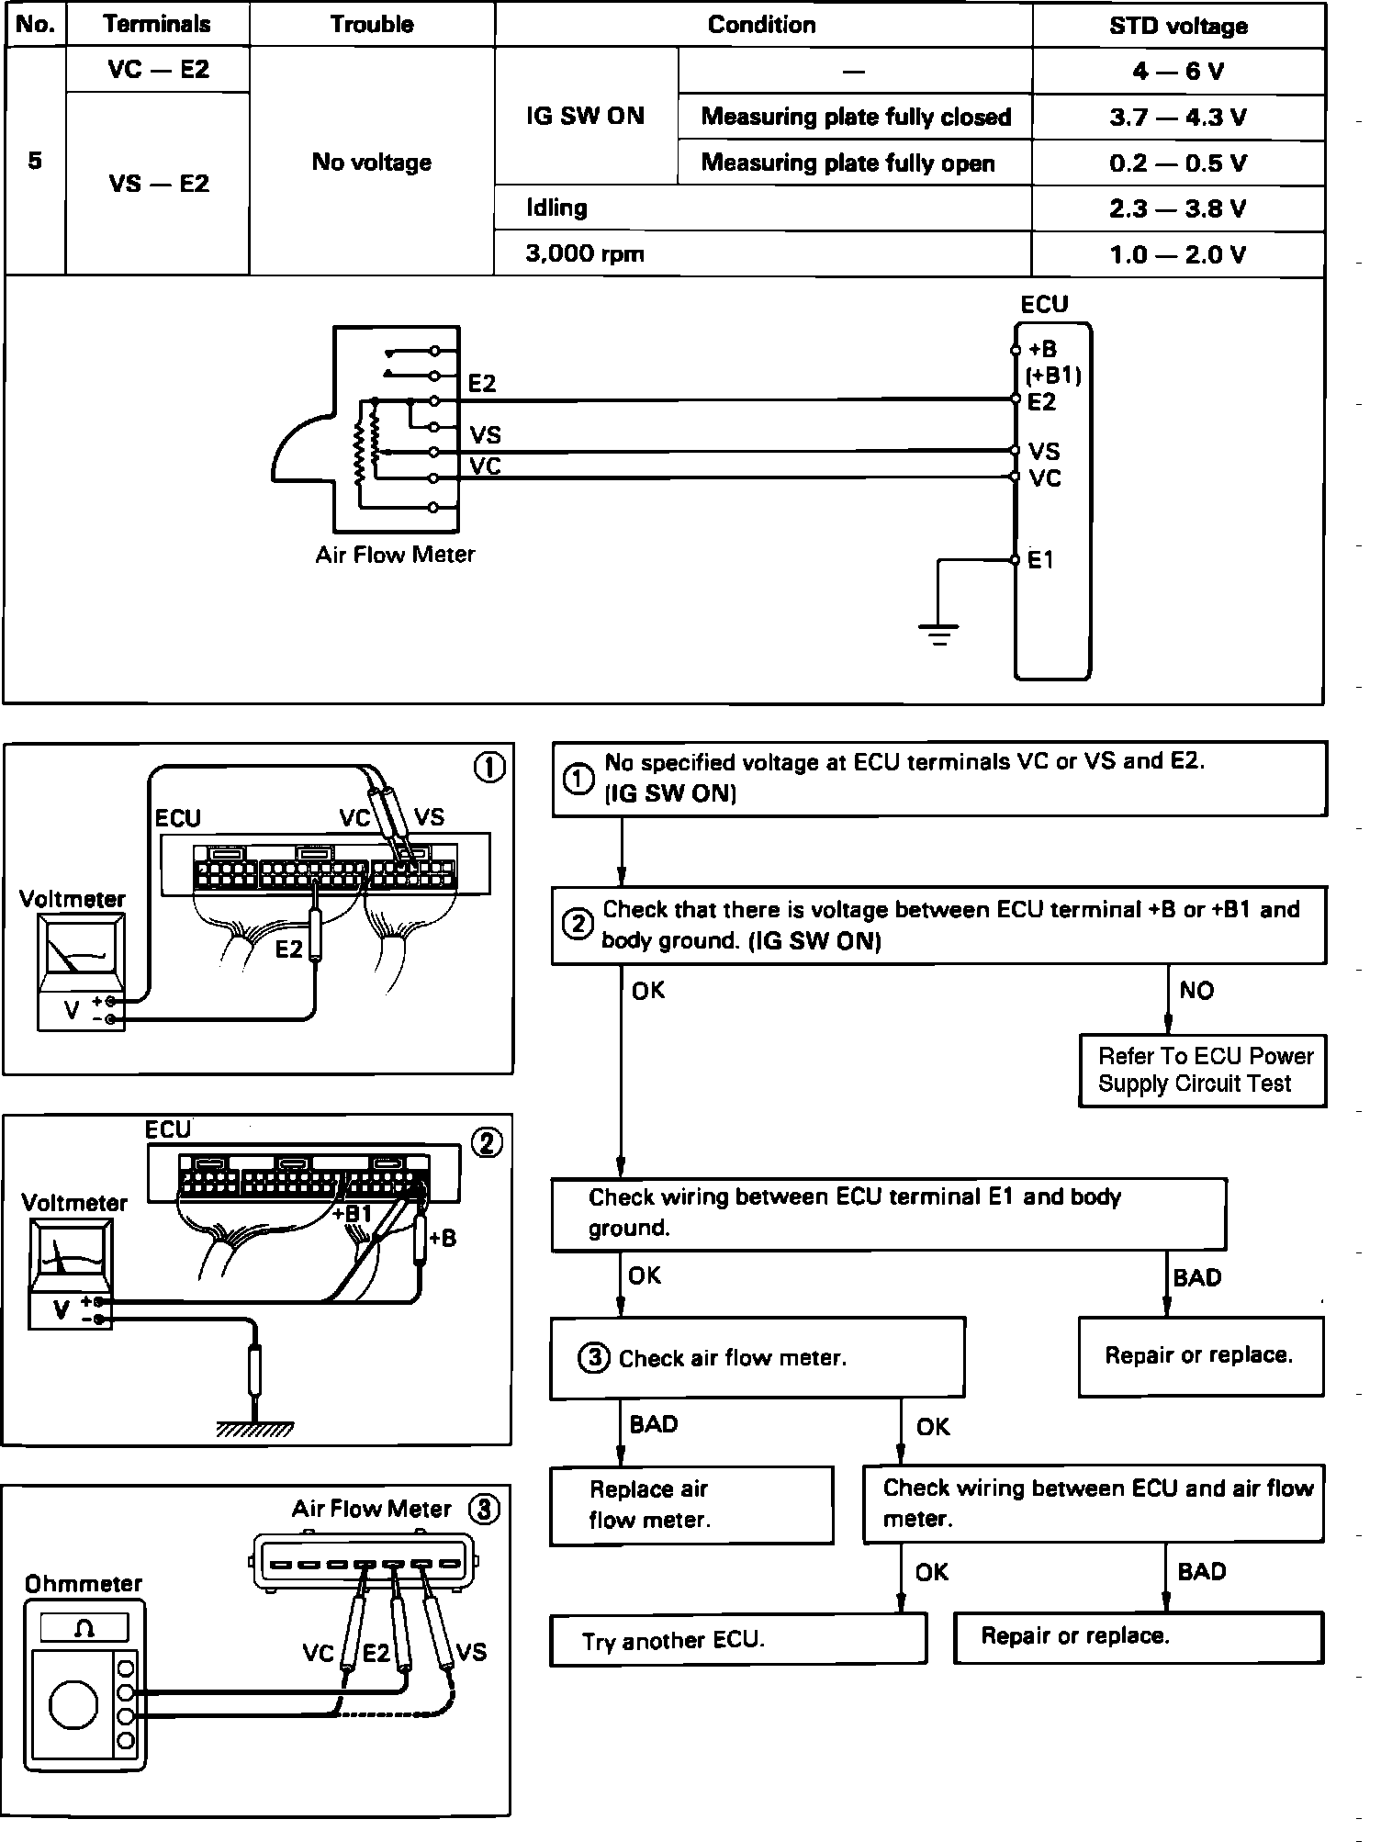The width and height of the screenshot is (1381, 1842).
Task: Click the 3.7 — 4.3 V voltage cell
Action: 1178,118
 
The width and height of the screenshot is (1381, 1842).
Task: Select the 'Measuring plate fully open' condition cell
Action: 848,163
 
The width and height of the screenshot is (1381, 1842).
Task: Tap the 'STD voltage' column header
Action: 1178,26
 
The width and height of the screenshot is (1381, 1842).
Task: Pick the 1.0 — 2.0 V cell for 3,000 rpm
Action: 1178,254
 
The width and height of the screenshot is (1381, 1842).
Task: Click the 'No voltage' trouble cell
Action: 372,163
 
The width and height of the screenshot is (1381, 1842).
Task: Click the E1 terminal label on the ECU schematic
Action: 1040,560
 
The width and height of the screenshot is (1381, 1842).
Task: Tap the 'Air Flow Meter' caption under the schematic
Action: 395,555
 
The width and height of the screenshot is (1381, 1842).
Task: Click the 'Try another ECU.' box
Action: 738,1640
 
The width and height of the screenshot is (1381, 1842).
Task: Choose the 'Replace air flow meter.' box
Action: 691,1505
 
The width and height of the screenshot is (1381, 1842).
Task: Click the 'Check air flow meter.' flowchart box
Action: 757,1358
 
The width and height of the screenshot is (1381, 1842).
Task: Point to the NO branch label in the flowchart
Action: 1196,991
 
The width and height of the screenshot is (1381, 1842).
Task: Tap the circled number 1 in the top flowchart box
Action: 578,779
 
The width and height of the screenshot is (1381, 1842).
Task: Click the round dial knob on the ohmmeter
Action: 73,1704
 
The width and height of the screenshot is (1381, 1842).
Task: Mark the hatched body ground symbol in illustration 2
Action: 255,1429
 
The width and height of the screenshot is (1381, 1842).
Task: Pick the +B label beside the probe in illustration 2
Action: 443,1239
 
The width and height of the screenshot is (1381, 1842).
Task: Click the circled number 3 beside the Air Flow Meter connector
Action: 484,1510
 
